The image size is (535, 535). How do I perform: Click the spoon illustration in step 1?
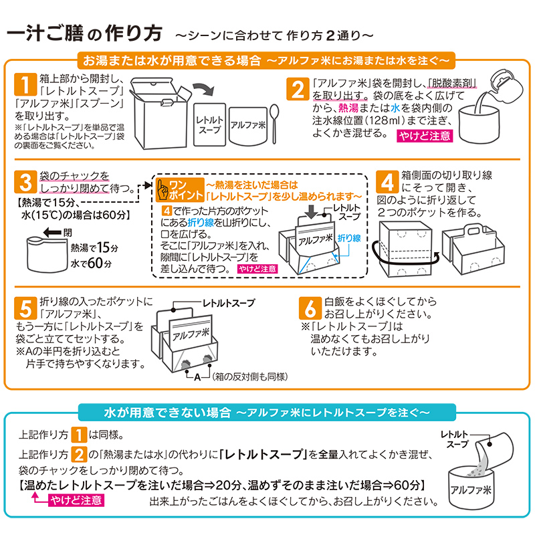(x=275, y=120)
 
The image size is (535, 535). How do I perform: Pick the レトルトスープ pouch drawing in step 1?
(x=209, y=124)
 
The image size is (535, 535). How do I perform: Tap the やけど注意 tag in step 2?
(x=425, y=136)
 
